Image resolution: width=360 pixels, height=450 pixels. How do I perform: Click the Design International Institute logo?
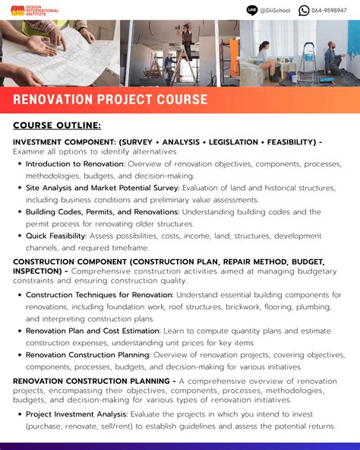(33, 11)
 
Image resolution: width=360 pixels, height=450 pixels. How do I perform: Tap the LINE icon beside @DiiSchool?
(252, 10)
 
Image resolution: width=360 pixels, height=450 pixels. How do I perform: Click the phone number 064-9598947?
(329, 11)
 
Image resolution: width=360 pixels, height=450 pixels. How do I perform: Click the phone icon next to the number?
(304, 10)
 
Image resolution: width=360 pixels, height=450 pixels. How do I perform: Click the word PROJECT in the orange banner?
(128, 100)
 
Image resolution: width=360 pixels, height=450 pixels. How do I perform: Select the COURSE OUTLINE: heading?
(57, 125)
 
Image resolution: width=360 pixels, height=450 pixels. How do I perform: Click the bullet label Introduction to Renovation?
(75, 163)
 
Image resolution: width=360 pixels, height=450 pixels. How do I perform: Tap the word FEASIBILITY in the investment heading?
(286, 141)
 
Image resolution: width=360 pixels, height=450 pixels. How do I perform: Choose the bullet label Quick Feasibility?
(58, 236)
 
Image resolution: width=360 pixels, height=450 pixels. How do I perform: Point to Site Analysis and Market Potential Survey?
(102, 188)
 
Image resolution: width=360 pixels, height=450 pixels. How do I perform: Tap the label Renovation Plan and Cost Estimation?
(93, 331)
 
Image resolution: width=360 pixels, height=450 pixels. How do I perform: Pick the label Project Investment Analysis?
(77, 414)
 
